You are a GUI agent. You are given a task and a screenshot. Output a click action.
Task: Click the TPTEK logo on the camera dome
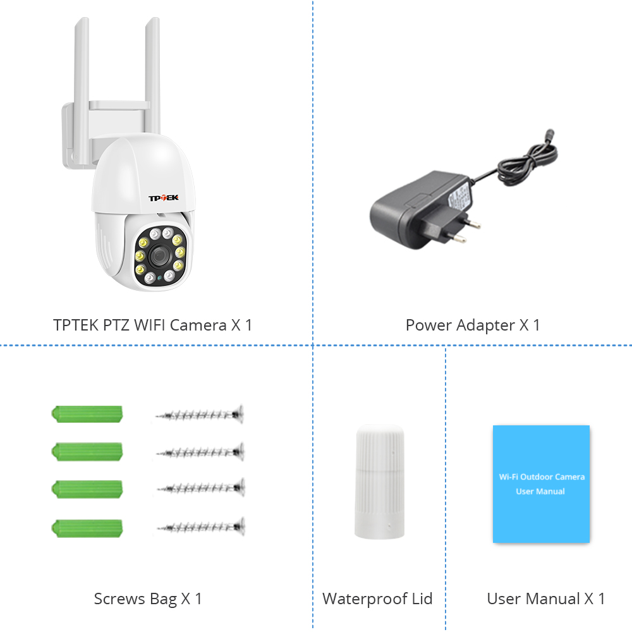tap(163, 198)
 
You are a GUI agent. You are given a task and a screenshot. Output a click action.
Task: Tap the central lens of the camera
tap(160, 255)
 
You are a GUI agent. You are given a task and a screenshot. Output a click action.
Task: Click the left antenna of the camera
tap(82, 90)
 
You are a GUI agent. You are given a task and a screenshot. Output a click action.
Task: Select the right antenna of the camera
tap(153, 76)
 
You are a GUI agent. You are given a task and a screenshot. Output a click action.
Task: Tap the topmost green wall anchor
tap(87, 414)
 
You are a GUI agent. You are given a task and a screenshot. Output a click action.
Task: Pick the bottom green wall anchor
tap(87, 528)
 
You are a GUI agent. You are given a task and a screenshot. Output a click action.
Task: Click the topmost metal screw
tap(200, 414)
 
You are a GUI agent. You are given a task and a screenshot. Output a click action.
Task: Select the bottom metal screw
tap(201, 526)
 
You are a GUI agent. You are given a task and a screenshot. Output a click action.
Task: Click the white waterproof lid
tap(379, 482)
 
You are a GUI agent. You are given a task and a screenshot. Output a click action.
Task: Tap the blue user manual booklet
tap(541, 484)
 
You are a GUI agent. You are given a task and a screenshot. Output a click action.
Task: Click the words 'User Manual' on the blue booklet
tap(540, 491)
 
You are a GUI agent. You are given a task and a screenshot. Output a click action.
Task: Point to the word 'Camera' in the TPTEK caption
tap(198, 325)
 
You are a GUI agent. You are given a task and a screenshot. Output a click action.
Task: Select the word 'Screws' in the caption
tap(119, 599)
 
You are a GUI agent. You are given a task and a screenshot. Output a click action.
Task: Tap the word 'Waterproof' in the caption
tap(365, 599)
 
